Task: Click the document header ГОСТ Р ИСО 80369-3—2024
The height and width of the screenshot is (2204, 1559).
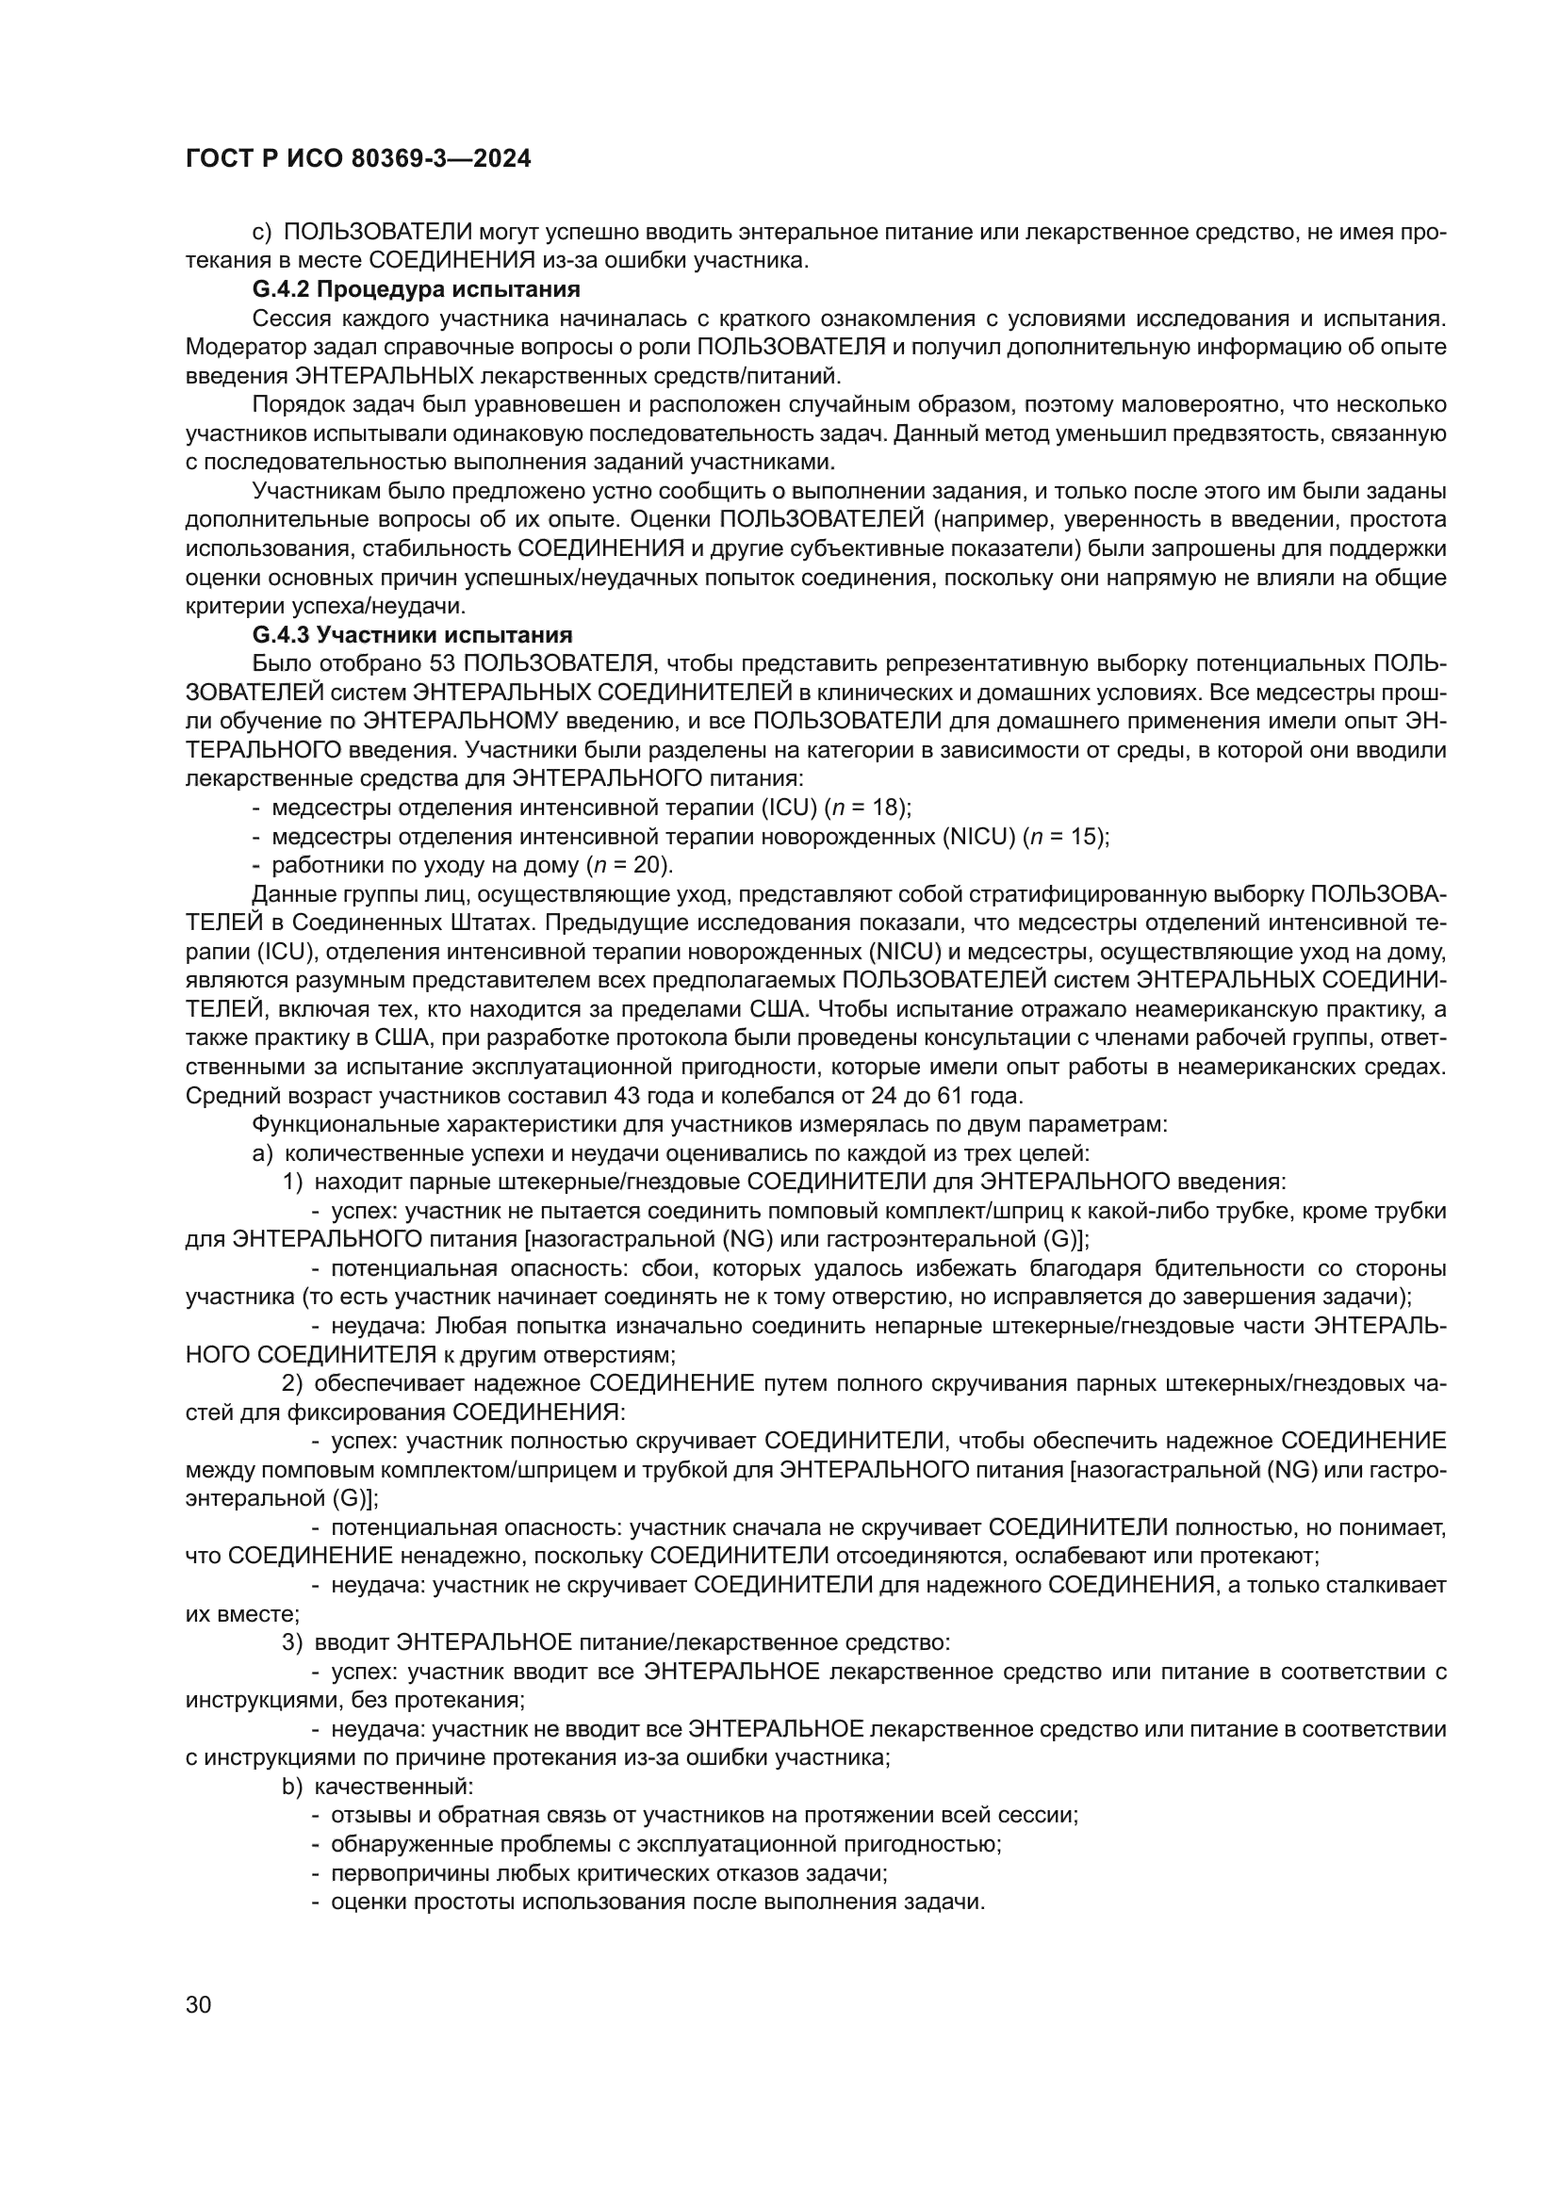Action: [x=357, y=159]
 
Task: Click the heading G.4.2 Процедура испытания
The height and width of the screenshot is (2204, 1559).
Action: [x=416, y=289]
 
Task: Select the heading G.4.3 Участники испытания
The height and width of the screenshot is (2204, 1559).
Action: [x=412, y=634]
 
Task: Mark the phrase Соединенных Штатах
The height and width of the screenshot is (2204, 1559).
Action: [x=380, y=922]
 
